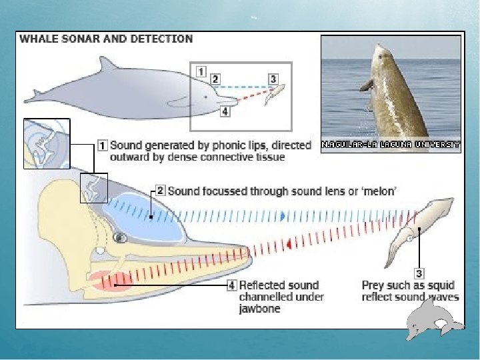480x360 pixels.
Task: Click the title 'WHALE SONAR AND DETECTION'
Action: tap(106, 39)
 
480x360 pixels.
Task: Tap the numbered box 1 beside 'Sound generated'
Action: tap(103, 144)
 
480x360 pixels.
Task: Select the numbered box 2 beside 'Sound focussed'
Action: tap(160, 191)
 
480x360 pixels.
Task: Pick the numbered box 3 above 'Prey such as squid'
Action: tap(419, 273)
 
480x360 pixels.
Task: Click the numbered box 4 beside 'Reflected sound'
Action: tap(232, 285)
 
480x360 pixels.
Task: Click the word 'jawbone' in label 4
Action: tap(259, 309)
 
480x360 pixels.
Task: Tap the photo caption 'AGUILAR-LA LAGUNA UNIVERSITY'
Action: tap(391, 144)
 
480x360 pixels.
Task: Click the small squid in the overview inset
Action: tap(275, 94)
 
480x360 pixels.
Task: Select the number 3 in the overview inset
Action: tap(273, 79)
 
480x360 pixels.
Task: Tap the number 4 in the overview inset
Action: tap(225, 111)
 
